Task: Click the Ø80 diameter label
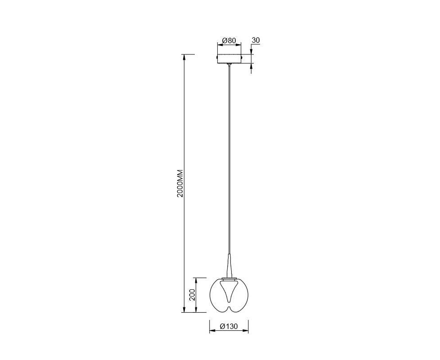(x=229, y=40)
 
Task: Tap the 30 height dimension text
(x=256, y=40)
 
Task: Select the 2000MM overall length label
(x=180, y=183)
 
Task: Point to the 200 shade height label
(x=192, y=295)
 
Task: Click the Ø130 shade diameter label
(x=229, y=326)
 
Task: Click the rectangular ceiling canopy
(x=229, y=58)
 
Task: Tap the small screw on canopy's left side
(x=217, y=57)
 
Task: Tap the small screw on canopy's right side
(x=242, y=57)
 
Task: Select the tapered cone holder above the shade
(x=229, y=266)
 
